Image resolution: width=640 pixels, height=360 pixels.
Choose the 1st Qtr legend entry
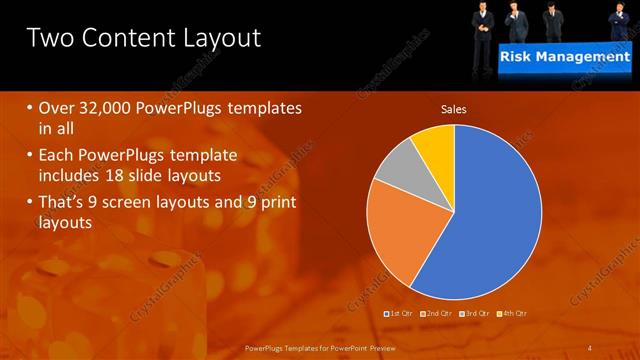[400, 314]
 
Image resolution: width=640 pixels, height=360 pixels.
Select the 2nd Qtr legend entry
[437, 314]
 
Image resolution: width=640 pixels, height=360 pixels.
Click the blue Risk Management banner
[565, 57]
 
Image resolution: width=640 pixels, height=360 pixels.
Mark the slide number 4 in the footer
[590, 347]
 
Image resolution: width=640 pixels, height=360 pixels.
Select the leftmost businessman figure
[483, 22]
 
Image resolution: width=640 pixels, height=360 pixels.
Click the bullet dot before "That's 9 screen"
[30, 202]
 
